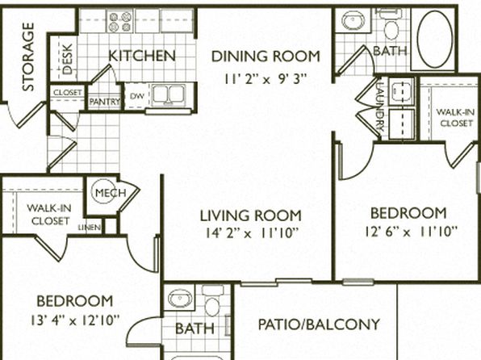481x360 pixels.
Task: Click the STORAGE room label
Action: tap(28, 57)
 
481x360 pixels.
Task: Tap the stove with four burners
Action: tap(120, 21)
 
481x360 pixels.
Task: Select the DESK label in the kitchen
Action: tap(68, 59)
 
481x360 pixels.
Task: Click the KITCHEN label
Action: tap(142, 56)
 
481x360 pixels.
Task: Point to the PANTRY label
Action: tap(104, 102)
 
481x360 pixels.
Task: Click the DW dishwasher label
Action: tap(137, 96)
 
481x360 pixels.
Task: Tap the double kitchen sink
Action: tap(169, 94)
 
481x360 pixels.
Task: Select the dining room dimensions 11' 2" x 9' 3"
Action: tap(266, 79)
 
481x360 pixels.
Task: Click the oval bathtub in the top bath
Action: tap(435, 39)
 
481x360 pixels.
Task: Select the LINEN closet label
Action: tap(90, 228)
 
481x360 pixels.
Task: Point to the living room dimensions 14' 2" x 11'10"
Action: tap(252, 233)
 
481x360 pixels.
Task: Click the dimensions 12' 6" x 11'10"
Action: tap(411, 232)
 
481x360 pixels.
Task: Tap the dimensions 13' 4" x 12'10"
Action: tap(74, 320)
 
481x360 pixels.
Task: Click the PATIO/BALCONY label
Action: tap(319, 324)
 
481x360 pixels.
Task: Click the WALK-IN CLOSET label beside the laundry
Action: tap(456, 118)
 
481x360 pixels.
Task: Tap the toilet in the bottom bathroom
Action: tap(211, 299)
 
